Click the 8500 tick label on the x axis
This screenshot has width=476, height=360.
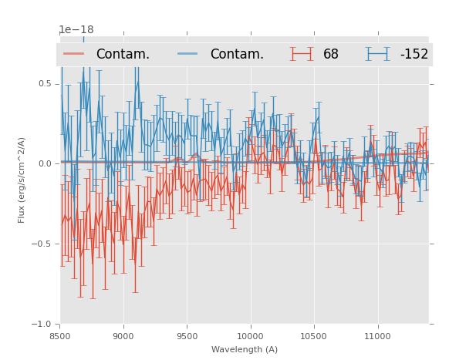(x=60, y=336)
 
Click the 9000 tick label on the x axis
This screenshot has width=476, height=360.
(x=123, y=336)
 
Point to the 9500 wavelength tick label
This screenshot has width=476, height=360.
(x=187, y=336)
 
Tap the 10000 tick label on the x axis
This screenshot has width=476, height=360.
(x=250, y=336)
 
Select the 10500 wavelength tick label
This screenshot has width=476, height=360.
(x=313, y=336)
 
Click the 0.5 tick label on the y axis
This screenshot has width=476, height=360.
(x=45, y=83)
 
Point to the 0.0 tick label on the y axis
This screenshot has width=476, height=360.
(x=45, y=163)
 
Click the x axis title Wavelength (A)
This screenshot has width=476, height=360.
(x=245, y=350)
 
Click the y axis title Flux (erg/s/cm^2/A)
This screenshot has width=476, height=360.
(x=22, y=180)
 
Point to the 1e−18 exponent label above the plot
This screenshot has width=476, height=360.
(x=76, y=30)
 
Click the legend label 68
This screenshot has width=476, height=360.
(x=331, y=55)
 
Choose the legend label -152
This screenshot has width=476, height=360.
(x=414, y=55)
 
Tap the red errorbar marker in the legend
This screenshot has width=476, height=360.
(x=302, y=54)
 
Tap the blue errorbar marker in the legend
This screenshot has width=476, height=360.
(x=378, y=54)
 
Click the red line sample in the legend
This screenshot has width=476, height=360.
(x=74, y=54)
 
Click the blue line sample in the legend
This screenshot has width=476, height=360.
(x=188, y=54)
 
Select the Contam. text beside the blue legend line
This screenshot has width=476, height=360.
(x=237, y=55)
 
